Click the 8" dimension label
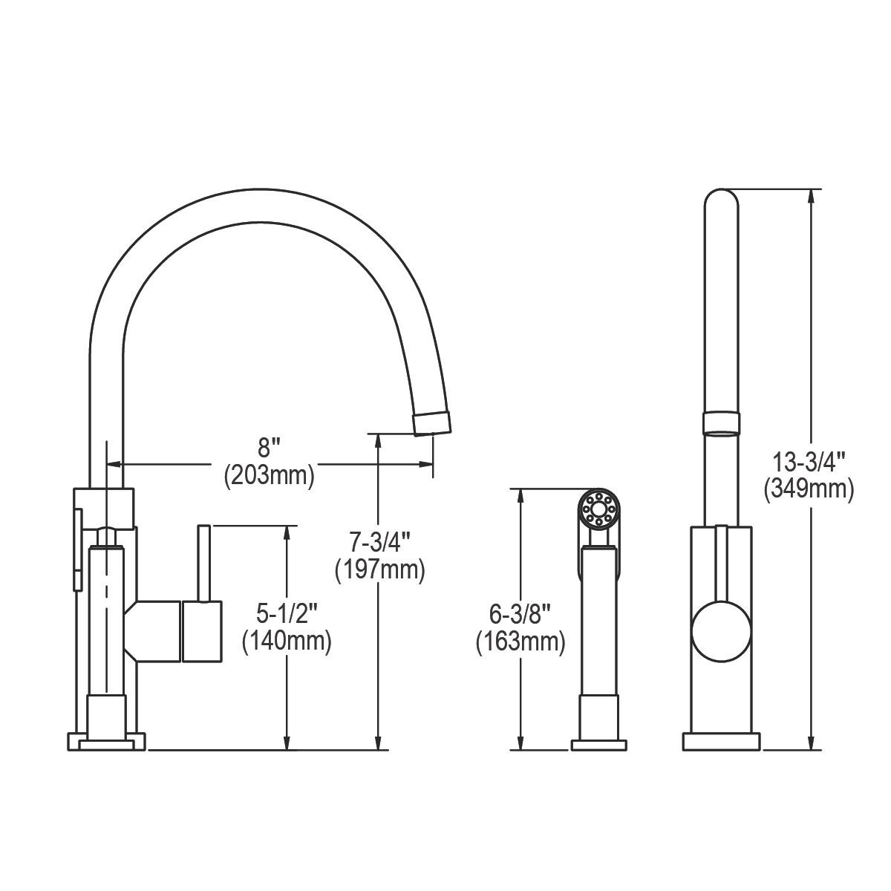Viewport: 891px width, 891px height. pyautogui.click(x=269, y=448)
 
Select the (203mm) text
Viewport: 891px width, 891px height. pyautogui.click(x=269, y=475)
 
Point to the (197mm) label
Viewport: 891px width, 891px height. pyautogui.click(x=379, y=570)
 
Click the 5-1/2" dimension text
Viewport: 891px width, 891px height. pyautogui.click(x=287, y=613)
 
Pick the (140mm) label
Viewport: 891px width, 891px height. pyautogui.click(x=287, y=640)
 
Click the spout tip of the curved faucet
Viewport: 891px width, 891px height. pyautogui.click(x=431, y=422)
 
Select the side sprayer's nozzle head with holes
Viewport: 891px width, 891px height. pyautogui.click(x=598, y=509)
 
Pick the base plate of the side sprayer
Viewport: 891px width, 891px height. pyautogui.click(x=598, y=744)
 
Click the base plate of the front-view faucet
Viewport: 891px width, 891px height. pyautogui.click(x=721, y=742)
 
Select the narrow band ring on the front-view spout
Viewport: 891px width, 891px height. pyautogui.click(x=721, y=422)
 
